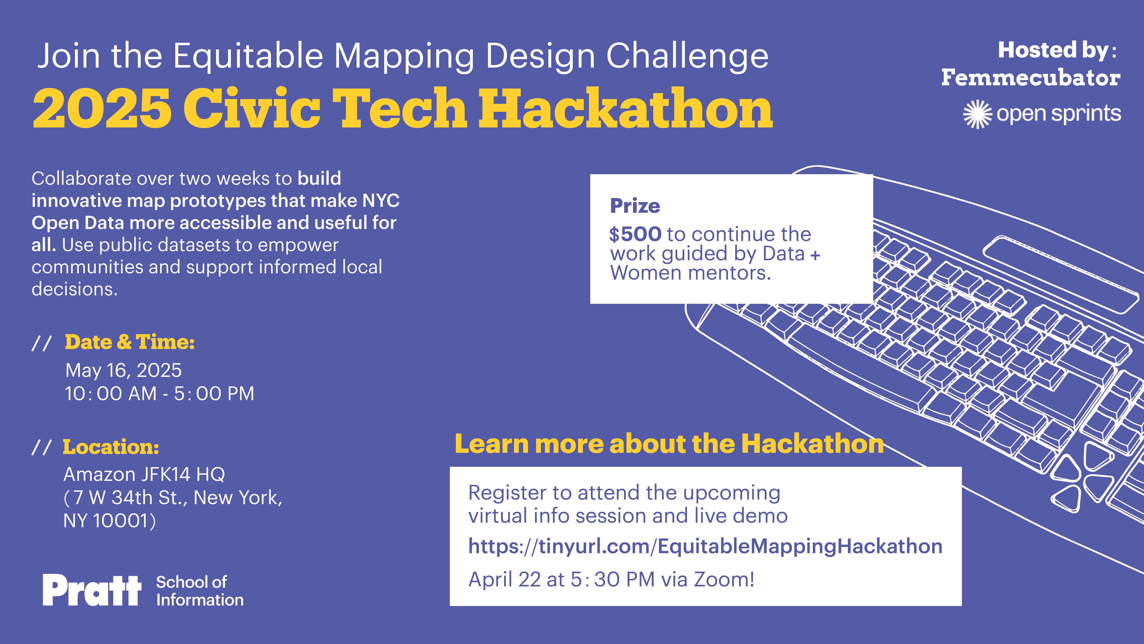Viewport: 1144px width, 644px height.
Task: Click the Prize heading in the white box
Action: [x=635, y=206]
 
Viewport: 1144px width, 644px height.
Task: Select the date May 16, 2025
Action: [x=124, y=370]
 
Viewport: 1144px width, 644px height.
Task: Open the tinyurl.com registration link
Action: [x=705, y=546]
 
